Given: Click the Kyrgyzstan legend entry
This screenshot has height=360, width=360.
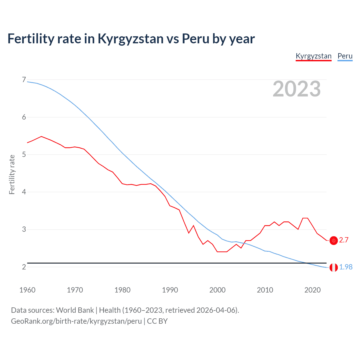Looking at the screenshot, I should coord(314,56).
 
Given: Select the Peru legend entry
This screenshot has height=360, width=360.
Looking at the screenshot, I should coord(345,56).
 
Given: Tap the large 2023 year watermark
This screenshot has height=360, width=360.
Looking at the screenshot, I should coord(296,89).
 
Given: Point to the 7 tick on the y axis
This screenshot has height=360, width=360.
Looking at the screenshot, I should coord(24,80).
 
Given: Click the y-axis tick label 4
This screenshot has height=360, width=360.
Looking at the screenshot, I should coord(24,192).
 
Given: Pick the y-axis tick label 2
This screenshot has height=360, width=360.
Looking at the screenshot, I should coord(24,267).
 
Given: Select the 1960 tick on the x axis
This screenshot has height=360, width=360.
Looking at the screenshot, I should coord(27,290).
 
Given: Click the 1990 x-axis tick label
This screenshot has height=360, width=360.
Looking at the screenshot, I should coord(170,290).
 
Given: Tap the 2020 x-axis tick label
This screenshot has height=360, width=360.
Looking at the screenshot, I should coord(312,290).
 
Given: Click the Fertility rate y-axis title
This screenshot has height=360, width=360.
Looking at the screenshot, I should coord(12,174).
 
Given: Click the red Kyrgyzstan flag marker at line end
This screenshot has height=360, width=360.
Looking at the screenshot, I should coord(334,240).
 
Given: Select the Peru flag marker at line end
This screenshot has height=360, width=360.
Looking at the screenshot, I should coord(334,267).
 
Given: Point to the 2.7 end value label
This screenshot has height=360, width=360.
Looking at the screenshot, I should coord(344,240).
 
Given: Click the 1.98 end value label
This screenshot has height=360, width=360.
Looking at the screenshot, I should coord(346,267).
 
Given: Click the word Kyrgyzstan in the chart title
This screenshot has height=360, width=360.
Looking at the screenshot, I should coord(130,39).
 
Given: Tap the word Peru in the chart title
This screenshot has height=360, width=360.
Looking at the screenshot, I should coord(195,39).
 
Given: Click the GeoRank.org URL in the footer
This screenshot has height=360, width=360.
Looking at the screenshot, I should coord(76,321).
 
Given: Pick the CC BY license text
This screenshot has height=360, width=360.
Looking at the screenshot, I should coord(157,321).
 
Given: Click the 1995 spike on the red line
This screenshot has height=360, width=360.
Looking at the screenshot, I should coord(193,226).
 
